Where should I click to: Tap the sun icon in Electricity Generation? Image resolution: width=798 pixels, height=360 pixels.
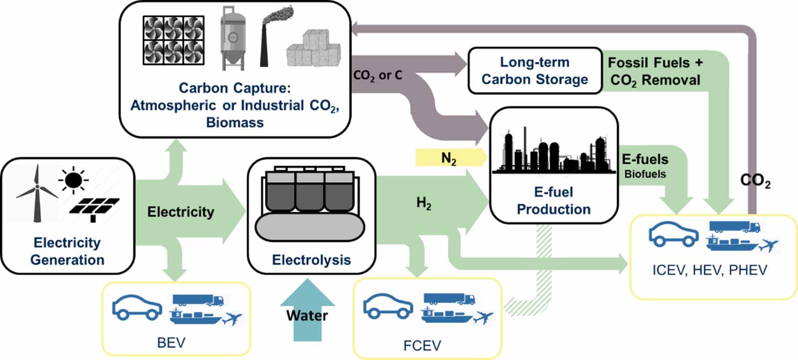73,180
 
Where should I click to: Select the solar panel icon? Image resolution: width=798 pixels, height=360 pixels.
94,208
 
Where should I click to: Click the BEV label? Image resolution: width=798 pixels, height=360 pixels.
171,343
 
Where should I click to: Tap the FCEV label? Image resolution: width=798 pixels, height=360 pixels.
422,346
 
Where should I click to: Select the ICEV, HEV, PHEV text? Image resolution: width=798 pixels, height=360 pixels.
709,270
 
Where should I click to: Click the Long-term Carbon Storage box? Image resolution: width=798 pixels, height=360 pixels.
535,71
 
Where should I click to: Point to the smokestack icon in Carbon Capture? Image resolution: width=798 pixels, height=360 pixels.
266,39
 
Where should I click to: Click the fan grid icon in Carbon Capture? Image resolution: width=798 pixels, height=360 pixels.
173,40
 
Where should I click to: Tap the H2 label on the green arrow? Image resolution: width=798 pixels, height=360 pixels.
424,203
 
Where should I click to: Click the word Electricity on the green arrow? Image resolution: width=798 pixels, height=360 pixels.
180,212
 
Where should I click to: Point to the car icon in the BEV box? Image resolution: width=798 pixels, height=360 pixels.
137,307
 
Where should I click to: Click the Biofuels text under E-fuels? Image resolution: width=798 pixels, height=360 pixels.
645,174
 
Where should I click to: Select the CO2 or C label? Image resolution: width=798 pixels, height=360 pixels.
377,75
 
